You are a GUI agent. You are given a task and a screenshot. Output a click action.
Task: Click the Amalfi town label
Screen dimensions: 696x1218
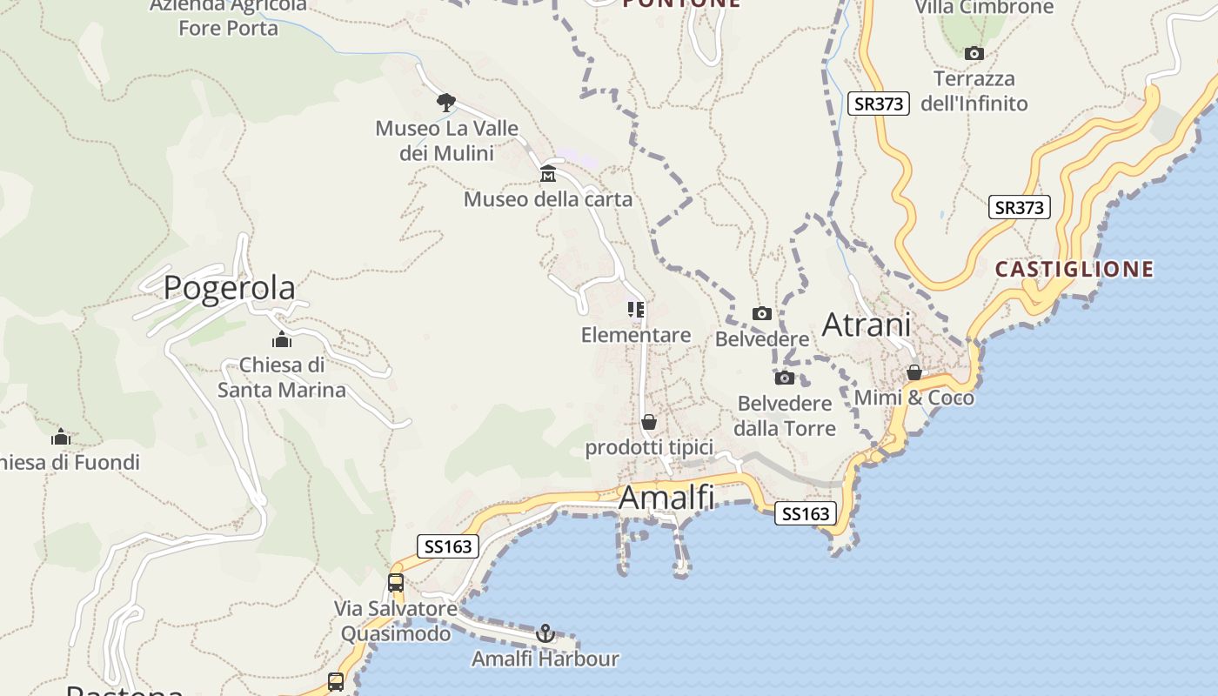[666, 498]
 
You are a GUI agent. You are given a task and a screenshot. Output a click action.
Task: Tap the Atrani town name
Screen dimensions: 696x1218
[867, 325]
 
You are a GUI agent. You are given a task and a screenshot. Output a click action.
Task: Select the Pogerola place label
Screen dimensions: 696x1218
[229, 287]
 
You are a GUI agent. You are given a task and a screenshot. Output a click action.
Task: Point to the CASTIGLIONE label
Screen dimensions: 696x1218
[1074, 269]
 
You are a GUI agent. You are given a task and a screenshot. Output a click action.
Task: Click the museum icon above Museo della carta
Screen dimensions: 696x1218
[548, 174]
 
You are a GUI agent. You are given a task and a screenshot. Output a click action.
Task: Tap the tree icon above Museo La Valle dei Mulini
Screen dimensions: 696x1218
[446, 103]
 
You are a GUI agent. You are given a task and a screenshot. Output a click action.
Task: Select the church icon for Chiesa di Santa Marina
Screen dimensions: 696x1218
[282, 339]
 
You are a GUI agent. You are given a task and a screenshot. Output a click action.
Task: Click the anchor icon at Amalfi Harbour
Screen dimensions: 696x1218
[545, 633]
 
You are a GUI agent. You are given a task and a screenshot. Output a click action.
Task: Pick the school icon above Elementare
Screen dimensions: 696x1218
[636, 310]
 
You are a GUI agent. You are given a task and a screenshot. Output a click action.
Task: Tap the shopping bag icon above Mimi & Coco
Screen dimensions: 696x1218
[914, 372]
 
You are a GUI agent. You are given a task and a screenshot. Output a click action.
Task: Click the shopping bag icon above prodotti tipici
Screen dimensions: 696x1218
[649, 423]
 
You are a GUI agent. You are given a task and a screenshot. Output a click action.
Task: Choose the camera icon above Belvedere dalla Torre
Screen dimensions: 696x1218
[785, 378]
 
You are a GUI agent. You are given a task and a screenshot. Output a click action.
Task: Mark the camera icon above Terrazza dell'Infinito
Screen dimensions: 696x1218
[974, 54]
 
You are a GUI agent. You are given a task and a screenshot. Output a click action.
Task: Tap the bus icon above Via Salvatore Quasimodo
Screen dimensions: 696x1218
[396, 583]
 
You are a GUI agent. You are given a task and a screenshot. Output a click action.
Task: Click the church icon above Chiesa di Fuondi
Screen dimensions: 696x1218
[61, 437]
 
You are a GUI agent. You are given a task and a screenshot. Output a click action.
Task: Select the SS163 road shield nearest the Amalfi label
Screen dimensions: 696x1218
[806, 513]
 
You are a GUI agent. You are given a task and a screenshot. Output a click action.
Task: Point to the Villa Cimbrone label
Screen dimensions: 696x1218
[984, 8]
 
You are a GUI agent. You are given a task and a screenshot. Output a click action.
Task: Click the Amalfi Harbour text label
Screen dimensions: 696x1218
[545, 659]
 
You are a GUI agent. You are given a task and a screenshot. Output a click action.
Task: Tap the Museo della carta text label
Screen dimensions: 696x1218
[548, 199]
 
